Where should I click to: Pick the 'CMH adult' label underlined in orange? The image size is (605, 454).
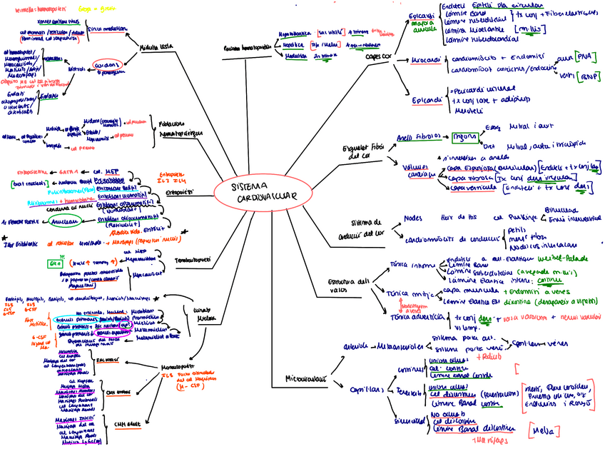[128, 425]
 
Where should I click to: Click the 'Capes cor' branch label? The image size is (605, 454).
[377, 56]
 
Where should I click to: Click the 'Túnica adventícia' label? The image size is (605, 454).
[412, 316]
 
